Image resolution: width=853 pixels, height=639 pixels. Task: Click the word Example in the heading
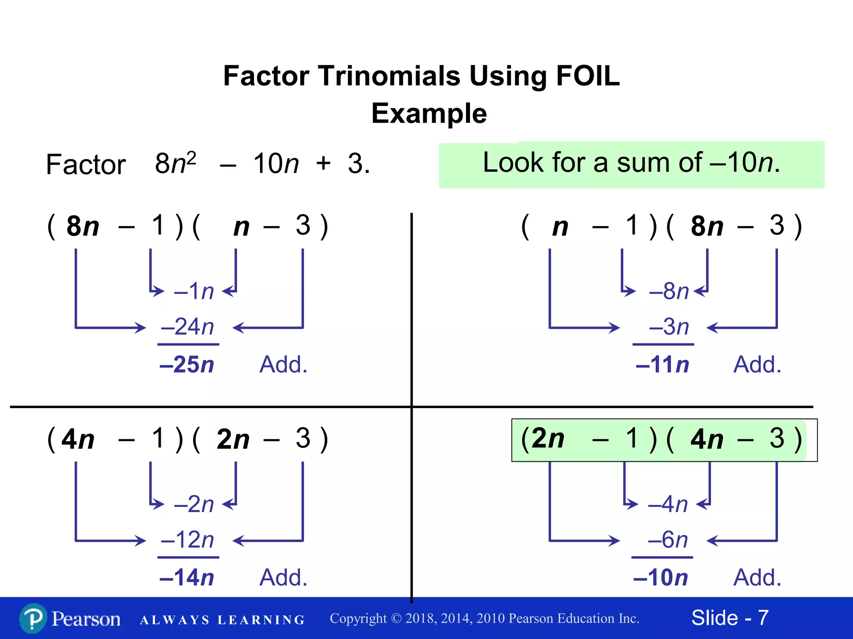point(429,114)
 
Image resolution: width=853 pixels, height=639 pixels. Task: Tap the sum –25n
point(187,364)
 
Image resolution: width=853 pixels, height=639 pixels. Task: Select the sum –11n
point(662,364)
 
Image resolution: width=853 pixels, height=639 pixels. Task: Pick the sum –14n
point(187,577)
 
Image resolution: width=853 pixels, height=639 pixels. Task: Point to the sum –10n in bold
point(661,577)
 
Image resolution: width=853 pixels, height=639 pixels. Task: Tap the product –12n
point(188,540)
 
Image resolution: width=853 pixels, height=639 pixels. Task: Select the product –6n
point(668,540)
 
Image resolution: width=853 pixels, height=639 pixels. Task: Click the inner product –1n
point(194,291)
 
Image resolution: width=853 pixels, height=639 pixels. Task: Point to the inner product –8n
point(669,291)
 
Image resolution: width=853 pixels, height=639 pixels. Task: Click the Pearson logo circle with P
point(33,619)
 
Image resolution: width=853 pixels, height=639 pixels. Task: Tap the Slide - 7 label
point(730,618)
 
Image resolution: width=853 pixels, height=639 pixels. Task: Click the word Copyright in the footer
point(358,619)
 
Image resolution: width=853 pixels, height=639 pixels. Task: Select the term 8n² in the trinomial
point(175,163)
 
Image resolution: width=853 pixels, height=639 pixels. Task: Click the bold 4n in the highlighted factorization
point(707,439)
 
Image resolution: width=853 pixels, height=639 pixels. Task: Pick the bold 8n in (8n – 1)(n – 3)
point(83,226)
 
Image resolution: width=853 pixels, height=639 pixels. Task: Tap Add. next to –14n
point(283,577)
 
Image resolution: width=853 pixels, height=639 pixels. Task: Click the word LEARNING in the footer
point(261,620)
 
